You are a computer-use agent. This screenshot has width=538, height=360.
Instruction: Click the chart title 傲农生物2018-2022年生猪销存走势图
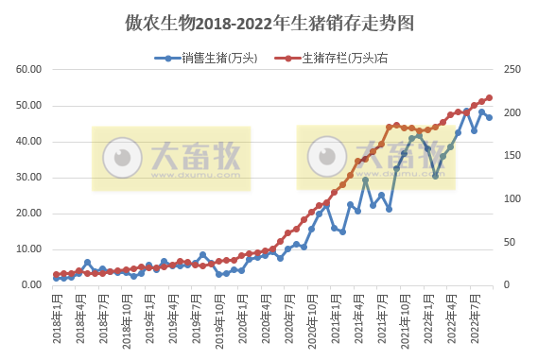(269, 20)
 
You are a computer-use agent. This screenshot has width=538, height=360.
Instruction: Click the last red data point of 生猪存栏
(489, 97)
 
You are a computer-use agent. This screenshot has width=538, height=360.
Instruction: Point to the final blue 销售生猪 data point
(489, 118)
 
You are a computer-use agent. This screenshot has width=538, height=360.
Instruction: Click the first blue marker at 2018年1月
(57, 278)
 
